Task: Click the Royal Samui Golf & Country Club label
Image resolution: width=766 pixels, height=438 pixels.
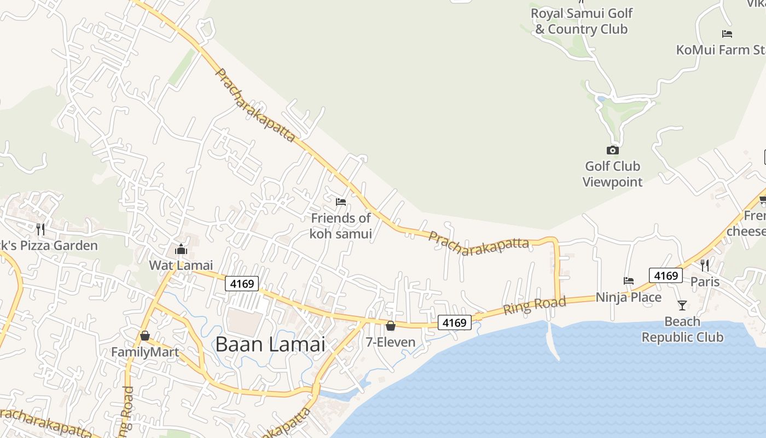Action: (x=582, y=21)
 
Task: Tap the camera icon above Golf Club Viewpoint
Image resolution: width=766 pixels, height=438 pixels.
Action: (x=612, y=150)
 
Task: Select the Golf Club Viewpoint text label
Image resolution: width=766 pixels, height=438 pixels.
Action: (x=612, y=174)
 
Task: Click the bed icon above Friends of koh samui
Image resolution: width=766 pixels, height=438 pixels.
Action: (x=341, y=201)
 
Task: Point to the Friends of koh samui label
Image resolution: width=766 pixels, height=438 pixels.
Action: (x=341, y=226)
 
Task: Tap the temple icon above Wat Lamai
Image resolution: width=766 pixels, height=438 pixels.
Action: (x=181, y=249)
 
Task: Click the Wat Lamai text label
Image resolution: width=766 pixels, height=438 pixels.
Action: (x=181, y=266)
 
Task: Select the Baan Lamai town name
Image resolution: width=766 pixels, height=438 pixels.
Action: (x=270, y=344)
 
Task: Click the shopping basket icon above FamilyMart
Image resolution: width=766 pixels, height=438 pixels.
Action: (x=145, y=335)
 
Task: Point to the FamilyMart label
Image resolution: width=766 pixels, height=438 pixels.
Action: (x=145, y=352)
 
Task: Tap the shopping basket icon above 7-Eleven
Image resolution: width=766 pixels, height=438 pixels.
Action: (x=391, y=326)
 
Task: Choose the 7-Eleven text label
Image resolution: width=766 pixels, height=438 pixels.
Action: (x=391, y=343)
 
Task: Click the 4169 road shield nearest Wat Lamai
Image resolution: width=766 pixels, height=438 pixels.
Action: (x=242, y=284)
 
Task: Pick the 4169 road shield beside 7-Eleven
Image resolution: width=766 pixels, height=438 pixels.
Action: (x=454, y=322)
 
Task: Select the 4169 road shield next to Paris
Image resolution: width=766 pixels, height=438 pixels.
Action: (x=666, y=275)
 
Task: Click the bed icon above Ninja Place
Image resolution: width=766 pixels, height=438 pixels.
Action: (x=629, y=281)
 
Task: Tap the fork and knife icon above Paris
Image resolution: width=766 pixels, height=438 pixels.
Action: (x=705, y=266)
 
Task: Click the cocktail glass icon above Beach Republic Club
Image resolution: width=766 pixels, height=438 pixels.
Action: (x=682, y=305)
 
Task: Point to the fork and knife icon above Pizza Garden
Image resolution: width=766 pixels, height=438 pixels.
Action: (x=40, y=229)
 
